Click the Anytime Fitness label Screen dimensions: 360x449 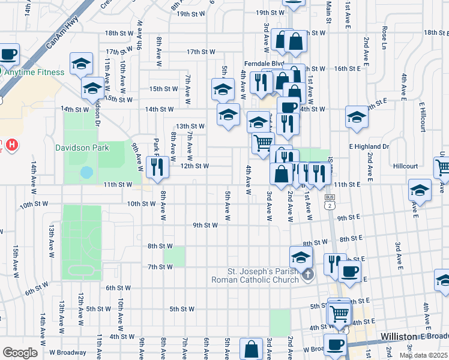coord(34,73)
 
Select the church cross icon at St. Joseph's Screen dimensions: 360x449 coord(308,275)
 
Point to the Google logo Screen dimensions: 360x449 coord(20,352)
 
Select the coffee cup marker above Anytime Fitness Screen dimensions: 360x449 coord(8,55)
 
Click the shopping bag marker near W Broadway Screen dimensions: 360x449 coord(252,349)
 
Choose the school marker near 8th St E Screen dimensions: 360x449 coord(301,257)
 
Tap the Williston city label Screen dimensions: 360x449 coord(402,337)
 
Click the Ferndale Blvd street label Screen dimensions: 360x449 coord(264,63)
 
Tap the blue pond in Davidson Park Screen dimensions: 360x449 coord(87,173)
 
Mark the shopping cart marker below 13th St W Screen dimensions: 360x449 coord(262,143)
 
